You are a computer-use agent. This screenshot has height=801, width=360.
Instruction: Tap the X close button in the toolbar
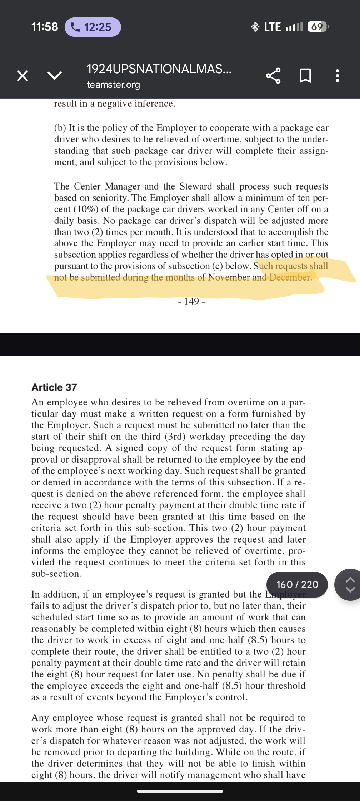click(22, 76)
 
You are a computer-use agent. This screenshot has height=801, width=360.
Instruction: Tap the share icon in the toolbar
click(273, 76)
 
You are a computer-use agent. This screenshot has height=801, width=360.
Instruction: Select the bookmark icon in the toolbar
click(305, 76)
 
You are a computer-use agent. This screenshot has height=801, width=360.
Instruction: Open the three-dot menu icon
click(337, 76)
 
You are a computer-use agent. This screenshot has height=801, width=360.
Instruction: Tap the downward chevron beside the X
click(55, 76)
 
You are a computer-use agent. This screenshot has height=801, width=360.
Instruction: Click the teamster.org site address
click(113, 85)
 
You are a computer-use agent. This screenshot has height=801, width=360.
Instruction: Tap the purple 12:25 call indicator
click(92, 27)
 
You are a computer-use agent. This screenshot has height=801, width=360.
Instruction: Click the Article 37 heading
click(54, 387)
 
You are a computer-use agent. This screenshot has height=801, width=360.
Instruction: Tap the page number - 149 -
click(191, 302)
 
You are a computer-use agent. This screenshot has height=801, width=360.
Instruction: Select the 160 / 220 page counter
click(297, 584)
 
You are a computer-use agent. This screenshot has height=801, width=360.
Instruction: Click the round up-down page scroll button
click(350, 584)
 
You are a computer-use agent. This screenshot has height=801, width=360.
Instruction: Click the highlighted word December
click(290, 277)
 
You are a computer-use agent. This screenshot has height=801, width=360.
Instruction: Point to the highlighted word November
click(229, 277)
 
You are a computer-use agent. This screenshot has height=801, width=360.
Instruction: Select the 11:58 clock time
click(45, 27)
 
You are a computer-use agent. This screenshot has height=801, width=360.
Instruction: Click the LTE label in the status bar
click(272, 27)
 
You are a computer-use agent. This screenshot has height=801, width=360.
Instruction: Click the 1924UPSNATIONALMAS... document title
click(159, 69)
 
